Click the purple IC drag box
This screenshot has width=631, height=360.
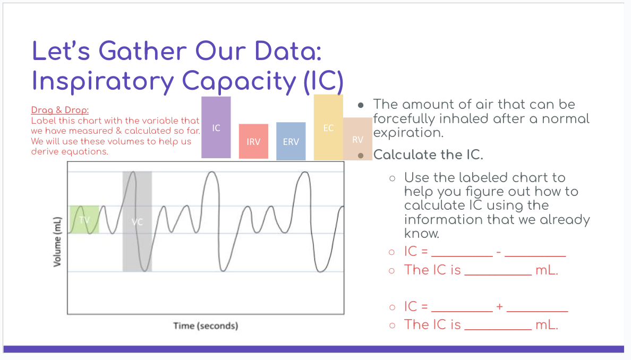click(216, 127)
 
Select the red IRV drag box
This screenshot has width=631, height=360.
click(253, 141)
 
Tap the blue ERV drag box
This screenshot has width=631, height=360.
click(291, 141)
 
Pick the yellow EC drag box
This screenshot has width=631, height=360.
click(328, 127)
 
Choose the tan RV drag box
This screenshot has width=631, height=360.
click(357, 139)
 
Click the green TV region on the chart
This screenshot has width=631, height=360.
click(84, 219)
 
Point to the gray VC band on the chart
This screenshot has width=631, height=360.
click(137, 221)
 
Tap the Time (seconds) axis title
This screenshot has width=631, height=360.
click(206, 325)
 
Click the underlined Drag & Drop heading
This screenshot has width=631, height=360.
click(59, 110)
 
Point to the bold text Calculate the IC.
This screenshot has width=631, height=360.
click(428, 155)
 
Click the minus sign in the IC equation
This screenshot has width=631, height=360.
click(499, 252)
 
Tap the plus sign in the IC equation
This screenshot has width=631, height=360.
click(499, 307)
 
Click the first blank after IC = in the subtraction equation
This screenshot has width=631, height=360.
click(462, 253)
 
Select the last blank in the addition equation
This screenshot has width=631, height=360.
click(537, 308)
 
